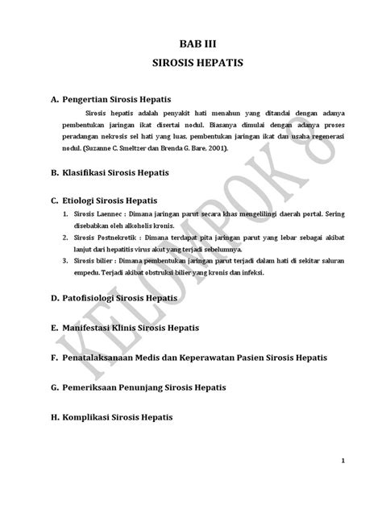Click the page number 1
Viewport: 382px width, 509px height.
343,461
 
